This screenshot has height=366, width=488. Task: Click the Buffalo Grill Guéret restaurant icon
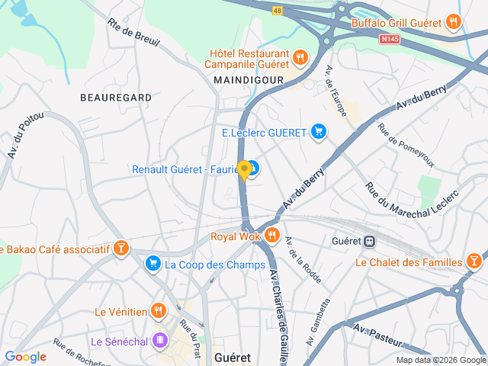click(454, 22)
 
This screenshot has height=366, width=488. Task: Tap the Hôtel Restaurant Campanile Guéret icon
click(300, 56)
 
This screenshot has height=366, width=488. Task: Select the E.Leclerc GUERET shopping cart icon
click(319, 133)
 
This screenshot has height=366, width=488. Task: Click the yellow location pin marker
click(244, 170)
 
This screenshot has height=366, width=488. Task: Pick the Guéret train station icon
click(370, 240)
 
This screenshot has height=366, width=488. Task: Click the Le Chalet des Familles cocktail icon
click(474, 262)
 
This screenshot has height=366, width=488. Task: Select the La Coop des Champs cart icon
click(152, 265)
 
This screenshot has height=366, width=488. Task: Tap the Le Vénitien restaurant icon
click(159, 311)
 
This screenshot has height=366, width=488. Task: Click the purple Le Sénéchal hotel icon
click(160, 340)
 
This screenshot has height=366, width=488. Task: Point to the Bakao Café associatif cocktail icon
click(120, 249)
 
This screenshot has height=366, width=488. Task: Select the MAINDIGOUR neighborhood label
click(249, 79)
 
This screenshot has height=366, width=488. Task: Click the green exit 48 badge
click(278, 11)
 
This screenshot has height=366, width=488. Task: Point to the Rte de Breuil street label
click(133, 30)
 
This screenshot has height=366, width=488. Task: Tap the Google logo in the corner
click(25, 357)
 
